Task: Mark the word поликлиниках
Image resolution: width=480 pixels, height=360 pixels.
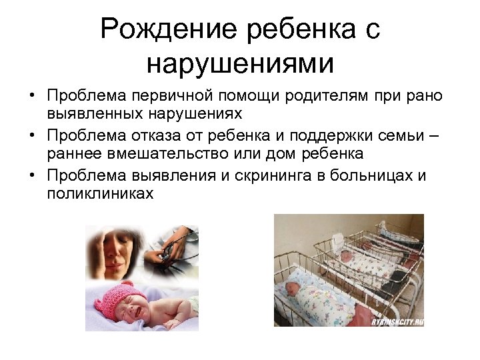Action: [100, 195]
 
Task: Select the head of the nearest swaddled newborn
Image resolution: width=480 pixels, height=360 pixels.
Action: [291, 288]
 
